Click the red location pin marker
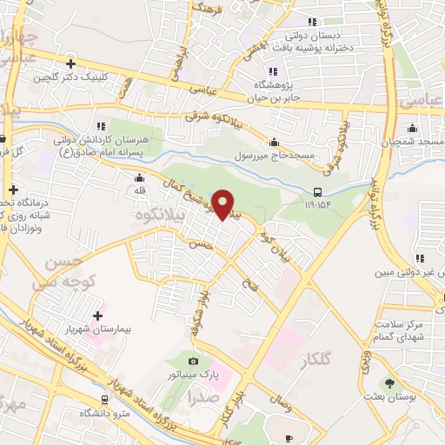click(x=224, y=205)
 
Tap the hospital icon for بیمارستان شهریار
click(x=97, y=315)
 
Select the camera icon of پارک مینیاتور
click(x=193, y=361)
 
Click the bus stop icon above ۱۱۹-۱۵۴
click(x=318, y=193)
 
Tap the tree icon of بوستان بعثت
click(x=389, y=382)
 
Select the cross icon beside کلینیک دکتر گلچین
click(x=70, y=63)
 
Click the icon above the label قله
click(x=139, y=177)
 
